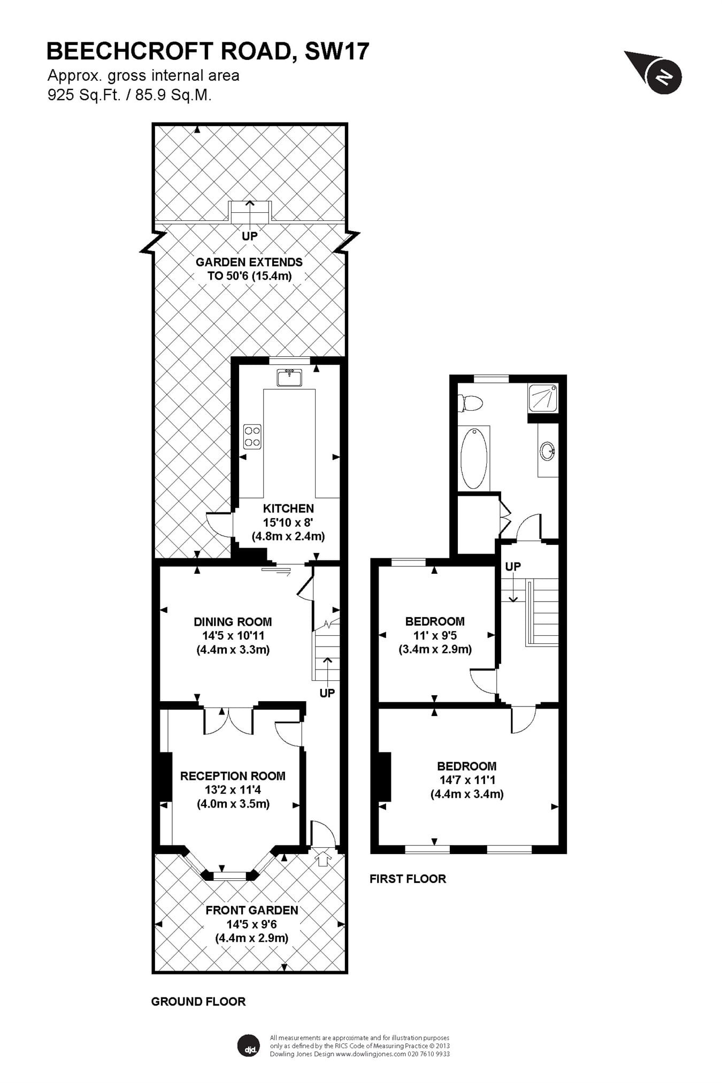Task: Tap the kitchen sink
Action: [289, 377]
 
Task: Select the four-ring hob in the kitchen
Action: [252, 436]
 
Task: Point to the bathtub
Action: [474, 458]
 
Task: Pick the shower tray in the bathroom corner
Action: [543, 398]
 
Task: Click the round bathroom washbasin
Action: [548, 451]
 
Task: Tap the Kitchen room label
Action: [288, 508]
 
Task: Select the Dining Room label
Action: [233, 621]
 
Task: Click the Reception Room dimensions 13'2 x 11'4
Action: [233, 789]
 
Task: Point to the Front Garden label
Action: [252, 910]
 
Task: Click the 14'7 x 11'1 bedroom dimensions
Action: [467, 780]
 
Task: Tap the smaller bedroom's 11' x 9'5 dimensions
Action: [435, 635]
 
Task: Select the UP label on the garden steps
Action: [250, 236]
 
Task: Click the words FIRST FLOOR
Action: [408, 879]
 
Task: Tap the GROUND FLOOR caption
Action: [198, 1002]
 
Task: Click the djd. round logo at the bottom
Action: [249, 1045]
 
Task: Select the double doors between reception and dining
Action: [228, 720]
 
